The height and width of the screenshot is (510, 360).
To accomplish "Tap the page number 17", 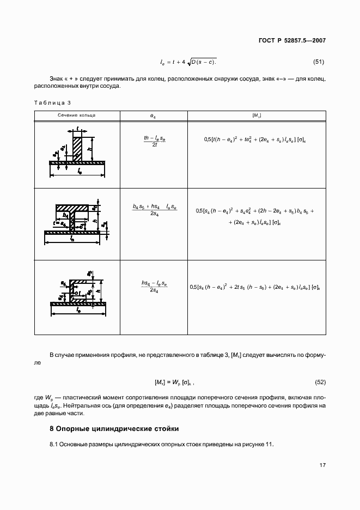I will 322,465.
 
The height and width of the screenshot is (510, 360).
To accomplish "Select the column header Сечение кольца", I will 77,116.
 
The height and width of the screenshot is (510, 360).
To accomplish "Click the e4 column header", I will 152,116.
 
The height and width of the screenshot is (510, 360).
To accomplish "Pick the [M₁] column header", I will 257,116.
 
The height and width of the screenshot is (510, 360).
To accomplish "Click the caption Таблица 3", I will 53,102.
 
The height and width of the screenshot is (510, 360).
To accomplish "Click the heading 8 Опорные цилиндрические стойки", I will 114,428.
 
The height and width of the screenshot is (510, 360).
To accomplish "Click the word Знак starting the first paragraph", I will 57,79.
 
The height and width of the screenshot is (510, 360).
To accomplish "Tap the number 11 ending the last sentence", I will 269,445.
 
